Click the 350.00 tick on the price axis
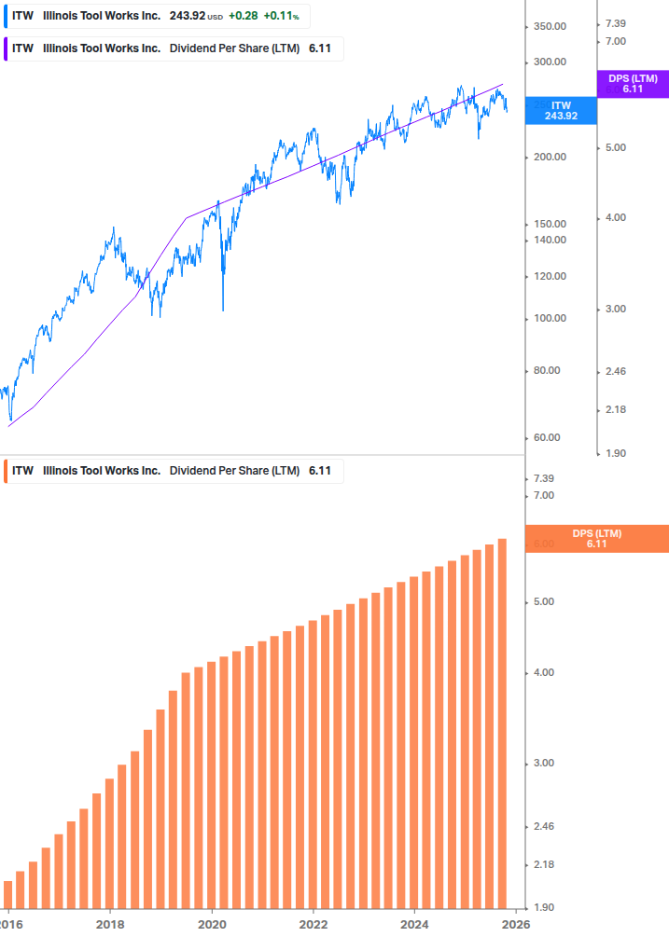coord(550,26)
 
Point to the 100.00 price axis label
coord(550,318)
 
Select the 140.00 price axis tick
coord(550,240)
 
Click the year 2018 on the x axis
coord(110,924)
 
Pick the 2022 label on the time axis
coord(314,924)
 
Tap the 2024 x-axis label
coord(415,924)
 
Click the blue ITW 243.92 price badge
coord(561,111)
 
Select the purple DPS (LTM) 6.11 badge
coord(633,84)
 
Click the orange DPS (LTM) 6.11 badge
coord(597,539)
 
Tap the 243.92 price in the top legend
coord(187,16)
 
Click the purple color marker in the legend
coord(7,48)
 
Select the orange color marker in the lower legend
coord(7,471)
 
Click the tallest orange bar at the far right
coord(502,727)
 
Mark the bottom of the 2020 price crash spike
coord(224,310)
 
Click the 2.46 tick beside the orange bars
coord(543,826)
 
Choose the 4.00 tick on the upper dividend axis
coord(616,217)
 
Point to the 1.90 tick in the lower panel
coord(543,907)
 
